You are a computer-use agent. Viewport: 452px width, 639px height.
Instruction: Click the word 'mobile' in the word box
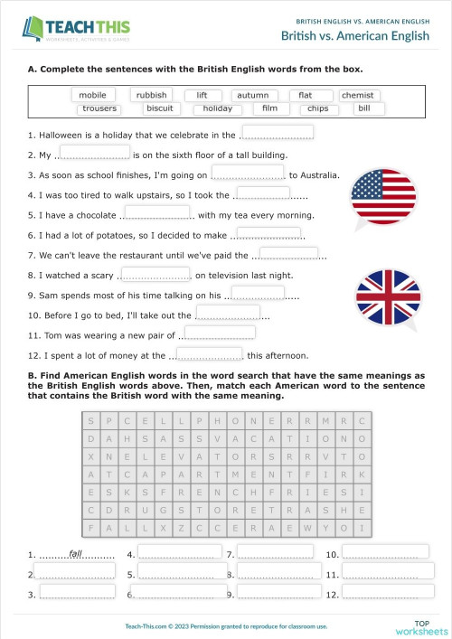point(92,95)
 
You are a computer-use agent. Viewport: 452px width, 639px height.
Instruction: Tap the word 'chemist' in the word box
point(360,95)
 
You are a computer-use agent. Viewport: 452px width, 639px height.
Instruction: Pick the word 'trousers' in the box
point(99,108)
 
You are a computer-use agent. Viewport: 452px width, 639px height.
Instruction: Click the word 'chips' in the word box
point(318,108)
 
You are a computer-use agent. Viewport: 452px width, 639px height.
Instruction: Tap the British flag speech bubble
point(387,296)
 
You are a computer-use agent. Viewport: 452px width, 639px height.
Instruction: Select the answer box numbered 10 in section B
point(385,552)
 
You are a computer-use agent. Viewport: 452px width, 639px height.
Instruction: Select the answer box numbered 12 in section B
point(385,594)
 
